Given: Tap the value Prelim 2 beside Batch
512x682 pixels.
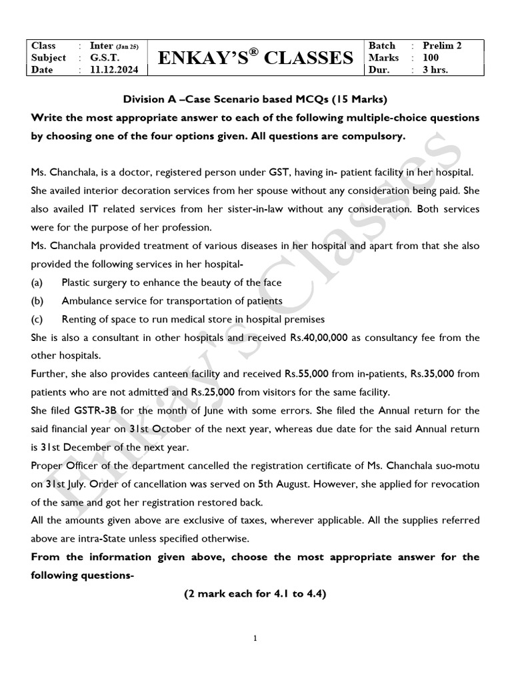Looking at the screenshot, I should [x=443, y=45].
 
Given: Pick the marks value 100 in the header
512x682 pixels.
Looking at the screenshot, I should [x=432, y=58].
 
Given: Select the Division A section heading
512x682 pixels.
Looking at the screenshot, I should [x=255, y=100].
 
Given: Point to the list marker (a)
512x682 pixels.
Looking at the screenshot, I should [x=37, y=282].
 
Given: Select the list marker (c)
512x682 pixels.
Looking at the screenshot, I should [x=37, y=318].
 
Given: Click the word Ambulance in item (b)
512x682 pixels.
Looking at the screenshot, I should [x=89, y=301].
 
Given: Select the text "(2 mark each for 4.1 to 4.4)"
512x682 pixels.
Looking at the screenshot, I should [x=255, y=595].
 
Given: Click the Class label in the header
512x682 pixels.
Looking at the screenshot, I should [x=44, y=45].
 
